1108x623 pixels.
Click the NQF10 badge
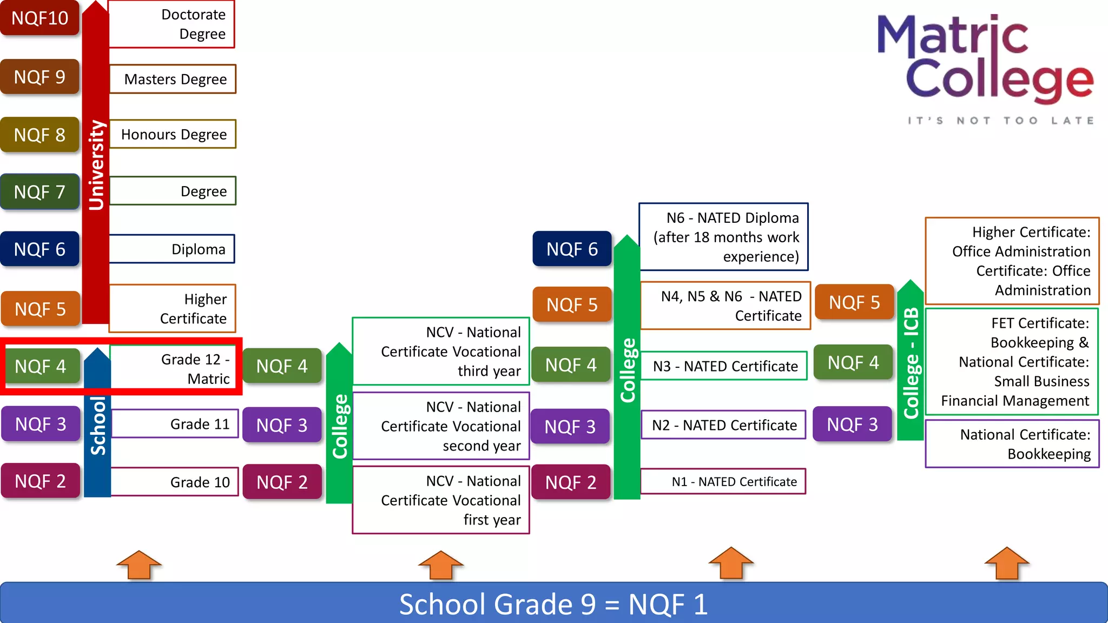click(x=40, y=18)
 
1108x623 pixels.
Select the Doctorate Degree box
click(x=172, y=24)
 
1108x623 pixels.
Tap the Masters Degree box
click(x=173, y=79)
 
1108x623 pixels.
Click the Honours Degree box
click(x=173, y=134)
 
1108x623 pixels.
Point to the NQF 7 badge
click(x=40, y=192)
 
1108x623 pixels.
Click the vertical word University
click(x=96, y=165)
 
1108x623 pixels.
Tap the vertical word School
click(x=98, y=426)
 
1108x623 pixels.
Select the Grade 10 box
click(x=174, y=482)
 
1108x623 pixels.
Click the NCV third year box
click(x=441, y=352)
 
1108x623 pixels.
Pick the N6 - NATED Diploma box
click(x=724, y=237)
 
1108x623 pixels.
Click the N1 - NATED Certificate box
click(x=723, y=481)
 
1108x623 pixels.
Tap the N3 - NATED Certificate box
click(x=724, y=366)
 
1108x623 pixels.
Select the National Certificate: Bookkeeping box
click(x=1012, y=444)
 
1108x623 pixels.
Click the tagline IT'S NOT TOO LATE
click(x=1001, y=121)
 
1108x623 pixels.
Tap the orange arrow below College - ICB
click(x=1007, y=563)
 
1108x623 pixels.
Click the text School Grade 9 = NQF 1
click(x=553, y=604)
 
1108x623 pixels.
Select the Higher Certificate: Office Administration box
click(x=1012, y=261)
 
